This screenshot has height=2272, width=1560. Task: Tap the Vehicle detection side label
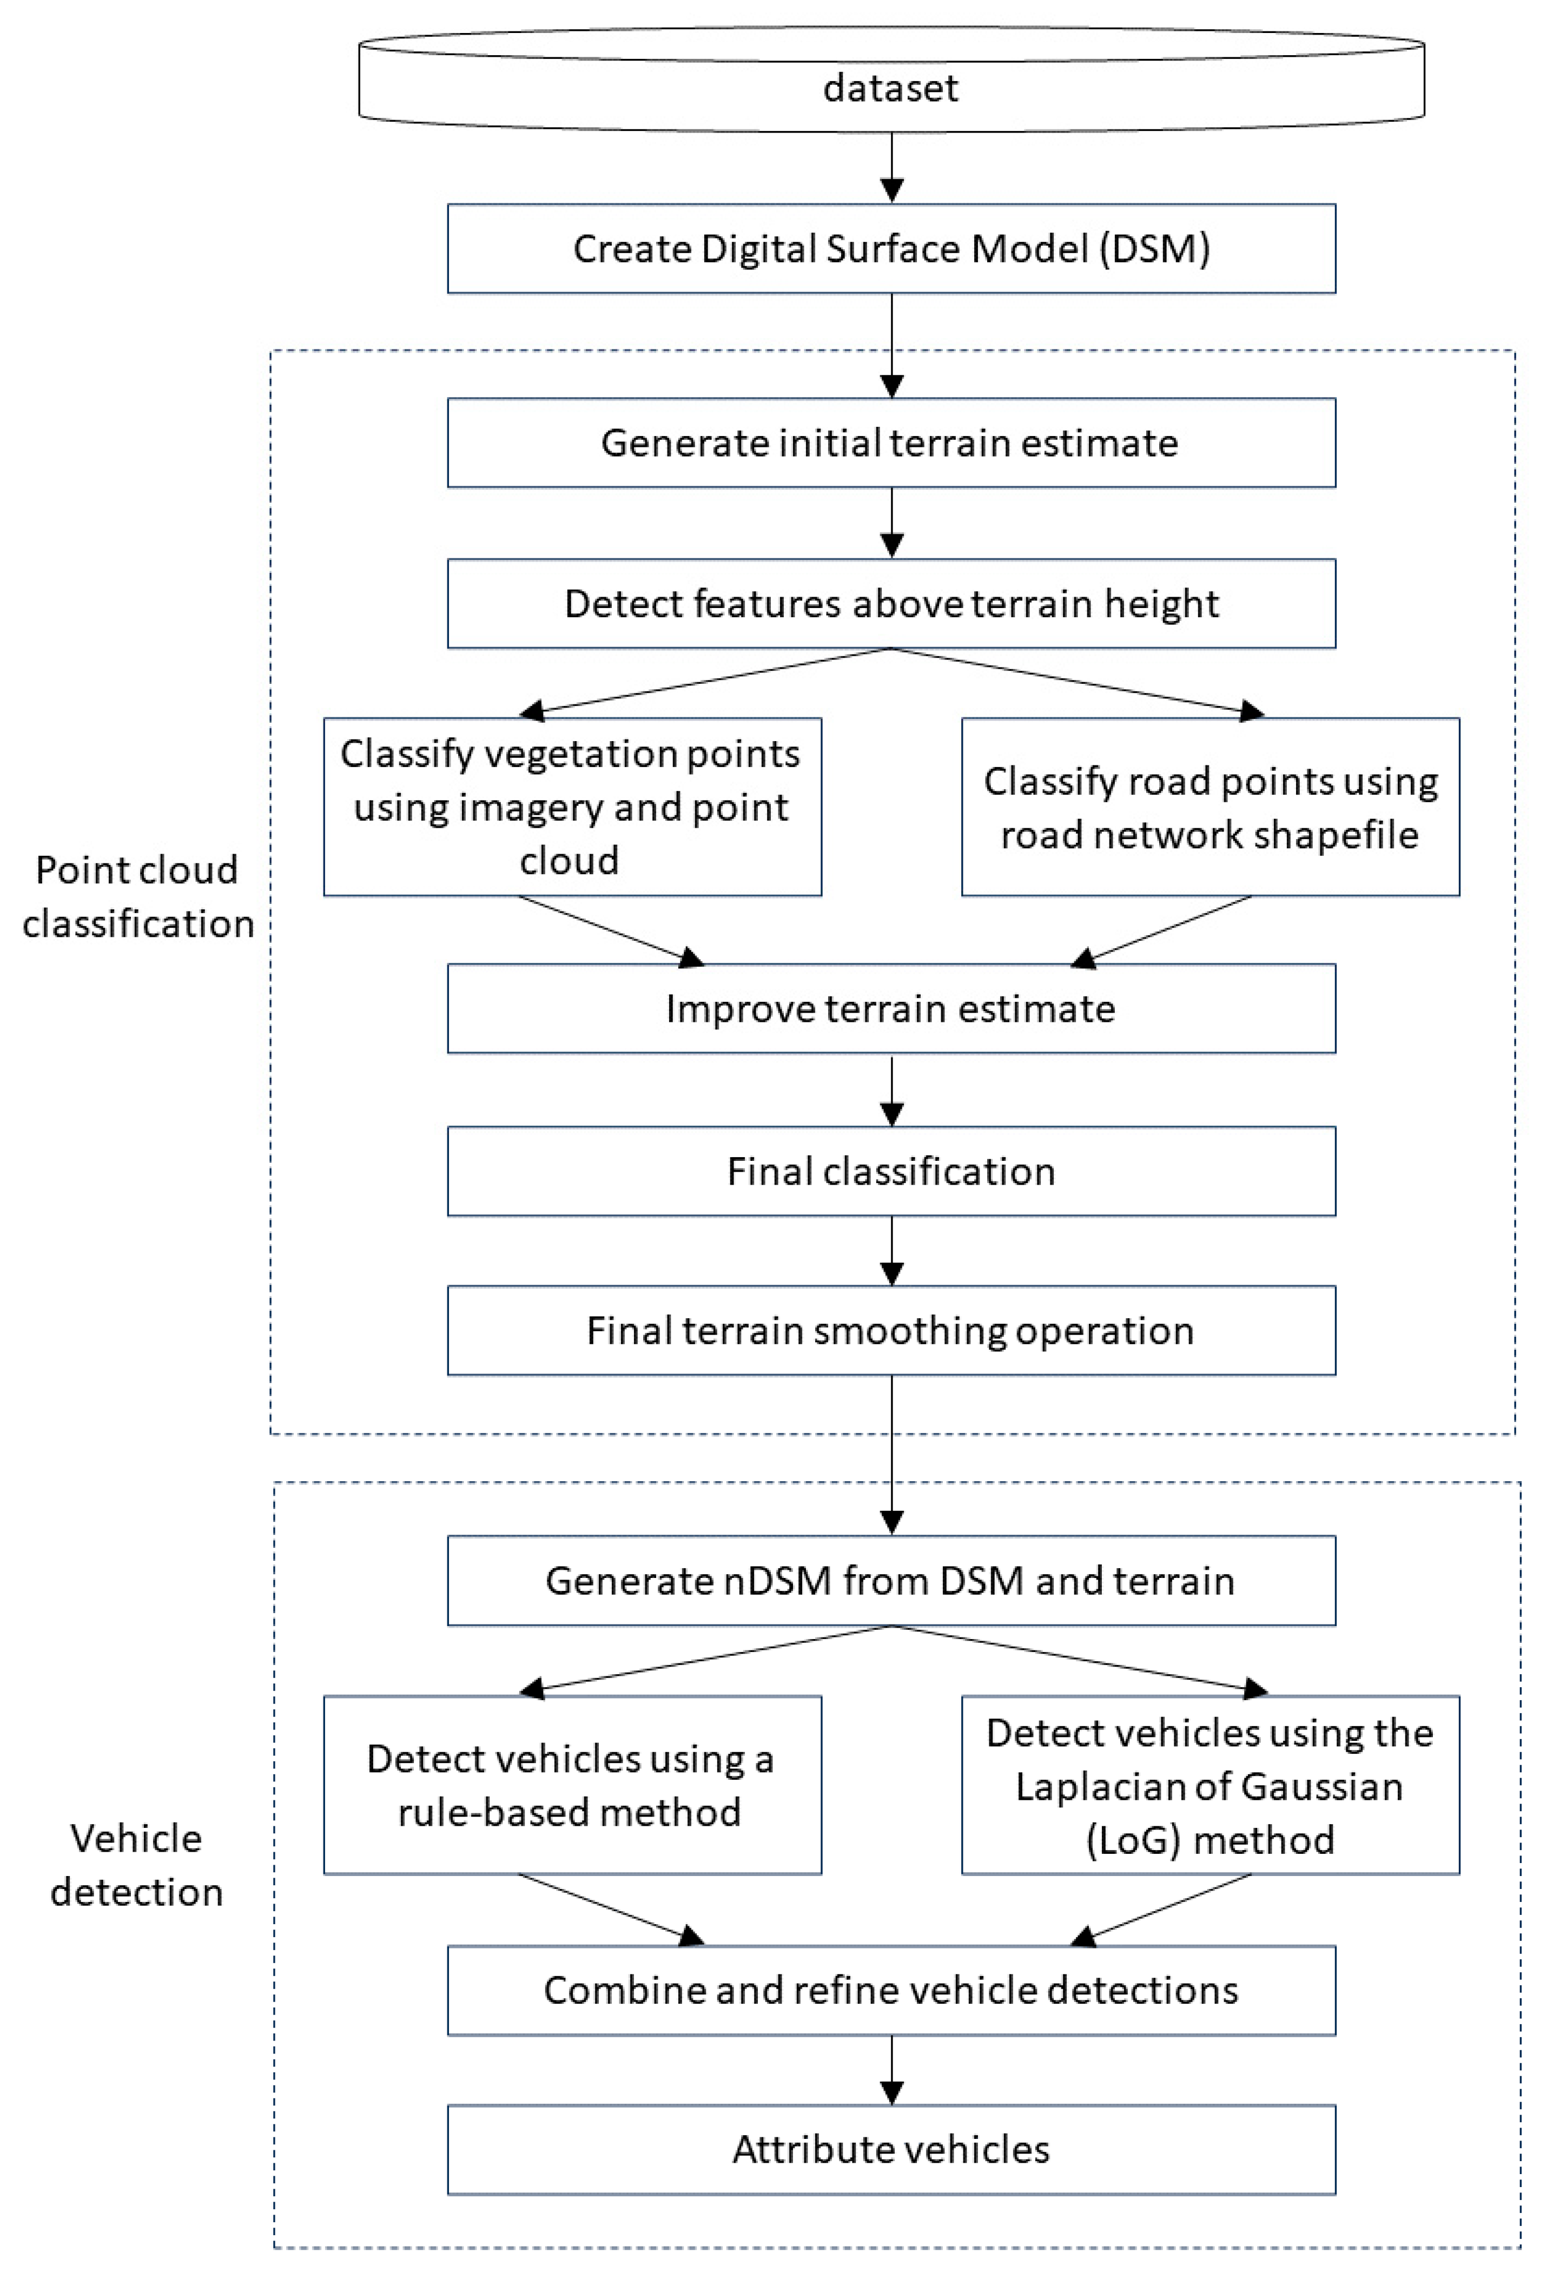137,1865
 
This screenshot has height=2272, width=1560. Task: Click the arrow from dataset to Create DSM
891,168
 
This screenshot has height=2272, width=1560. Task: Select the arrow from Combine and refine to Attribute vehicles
891,2070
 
